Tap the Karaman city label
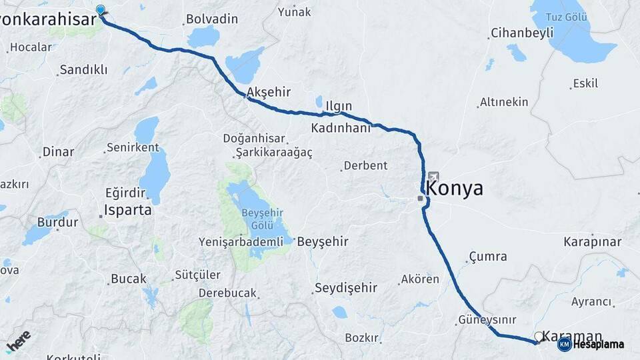(572, 336)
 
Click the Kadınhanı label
(340, 127)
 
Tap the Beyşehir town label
(323, 241)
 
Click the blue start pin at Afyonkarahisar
(101, 10)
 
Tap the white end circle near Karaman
(539, 337)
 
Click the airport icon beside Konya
(434, 177)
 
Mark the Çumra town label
(487, 257)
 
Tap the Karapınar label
(592, 241)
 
